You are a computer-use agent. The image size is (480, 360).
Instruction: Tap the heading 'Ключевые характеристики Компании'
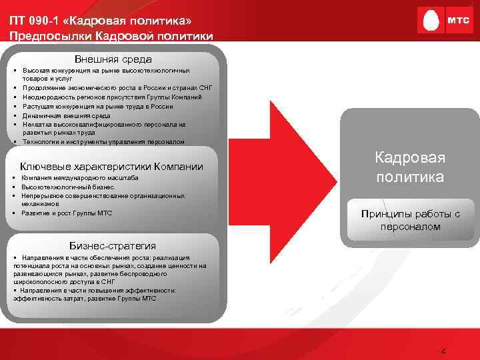[x=111, y=166]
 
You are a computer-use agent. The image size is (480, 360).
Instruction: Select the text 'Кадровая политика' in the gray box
[x=409, y=167]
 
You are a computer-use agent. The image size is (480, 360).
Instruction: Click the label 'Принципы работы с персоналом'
[x=410, y=220]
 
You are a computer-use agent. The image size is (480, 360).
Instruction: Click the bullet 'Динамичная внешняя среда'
[x=66, y=115]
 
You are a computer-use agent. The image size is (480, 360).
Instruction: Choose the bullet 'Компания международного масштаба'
[x=79, y=179]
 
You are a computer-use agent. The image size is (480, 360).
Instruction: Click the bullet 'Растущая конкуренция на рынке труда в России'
[x=97, y=106]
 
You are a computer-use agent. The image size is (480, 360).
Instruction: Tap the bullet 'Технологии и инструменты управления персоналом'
[x=103, y=141]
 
